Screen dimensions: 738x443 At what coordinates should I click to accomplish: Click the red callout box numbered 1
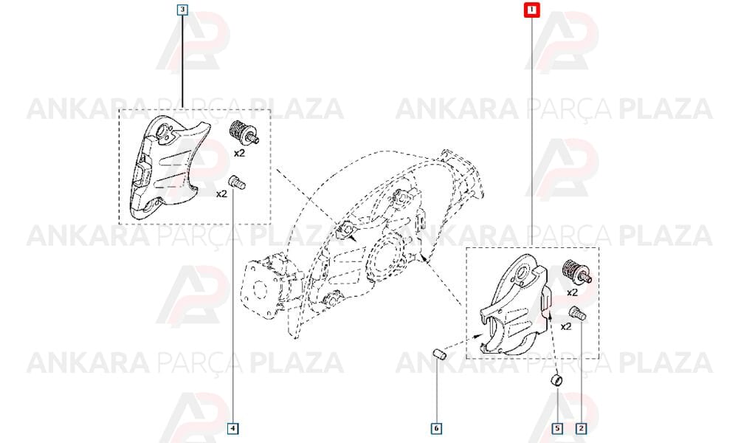pos(532,10)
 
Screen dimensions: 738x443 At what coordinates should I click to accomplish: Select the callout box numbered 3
pos(182,10)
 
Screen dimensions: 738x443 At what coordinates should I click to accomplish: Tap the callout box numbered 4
pos(233,428)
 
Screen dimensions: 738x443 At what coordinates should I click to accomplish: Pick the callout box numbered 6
pos(436,428)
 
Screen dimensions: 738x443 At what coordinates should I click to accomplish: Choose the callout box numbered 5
pos(557,428)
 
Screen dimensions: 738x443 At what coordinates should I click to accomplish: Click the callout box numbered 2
pos(582,428)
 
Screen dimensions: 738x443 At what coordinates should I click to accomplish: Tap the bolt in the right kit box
pos(578,313)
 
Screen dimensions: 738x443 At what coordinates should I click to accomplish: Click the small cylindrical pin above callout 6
pos(440,354)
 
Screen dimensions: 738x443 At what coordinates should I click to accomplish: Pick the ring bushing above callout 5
pos(556,380)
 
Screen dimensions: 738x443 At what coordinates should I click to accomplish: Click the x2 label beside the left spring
pos(240,153)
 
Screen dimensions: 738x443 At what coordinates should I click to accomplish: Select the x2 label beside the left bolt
pos(221,193)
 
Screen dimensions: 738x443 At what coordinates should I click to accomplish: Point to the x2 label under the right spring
pos(572,292)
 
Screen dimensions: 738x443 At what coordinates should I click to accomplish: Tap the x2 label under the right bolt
pos(566,326)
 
